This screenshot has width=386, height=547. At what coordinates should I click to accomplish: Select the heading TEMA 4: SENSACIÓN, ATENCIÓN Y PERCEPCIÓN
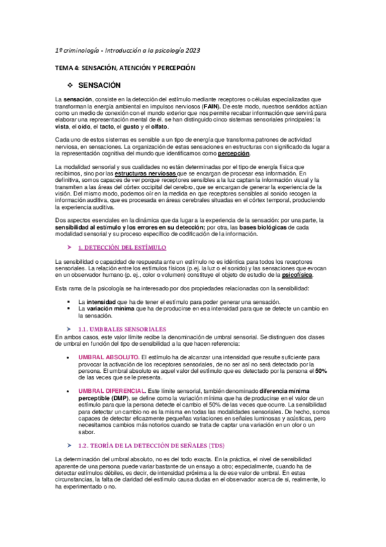point(125,67)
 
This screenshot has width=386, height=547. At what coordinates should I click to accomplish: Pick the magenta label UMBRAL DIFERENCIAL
point(111,391)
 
